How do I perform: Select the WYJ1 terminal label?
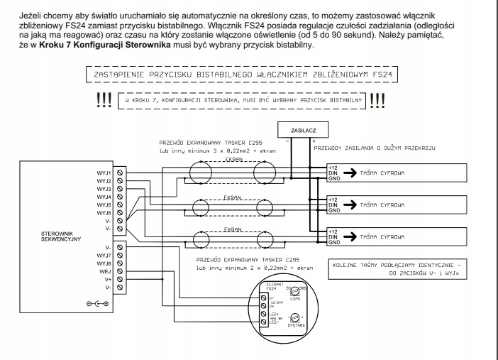pos(104,173)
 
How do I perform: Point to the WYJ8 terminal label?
pos(104,263)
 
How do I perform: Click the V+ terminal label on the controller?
pos(108,280)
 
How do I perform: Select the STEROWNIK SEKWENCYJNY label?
pos(60,236)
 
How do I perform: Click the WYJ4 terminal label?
pos(104,197)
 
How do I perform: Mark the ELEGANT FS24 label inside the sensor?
pos(273,288)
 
